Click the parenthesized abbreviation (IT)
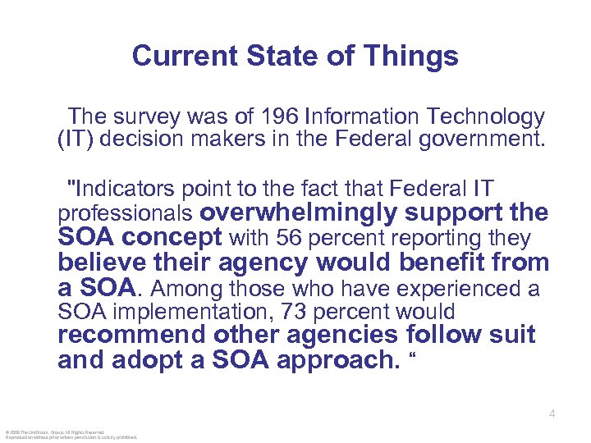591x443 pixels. pyautogui.click(x=75, y=138)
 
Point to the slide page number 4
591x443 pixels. pyautogui.click(x=552, y=414)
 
